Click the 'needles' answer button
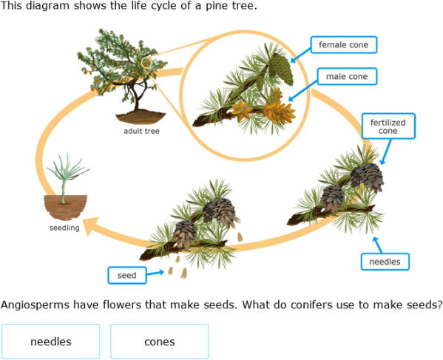[50, 342]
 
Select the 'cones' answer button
[159, 342]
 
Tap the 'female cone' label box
[343, 45]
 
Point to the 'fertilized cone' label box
[388, 126]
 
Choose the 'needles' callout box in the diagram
[385, 261]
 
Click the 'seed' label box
[126, 276]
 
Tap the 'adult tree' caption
[141, 132]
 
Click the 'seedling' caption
[64, 228]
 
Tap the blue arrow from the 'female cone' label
[300, 53]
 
